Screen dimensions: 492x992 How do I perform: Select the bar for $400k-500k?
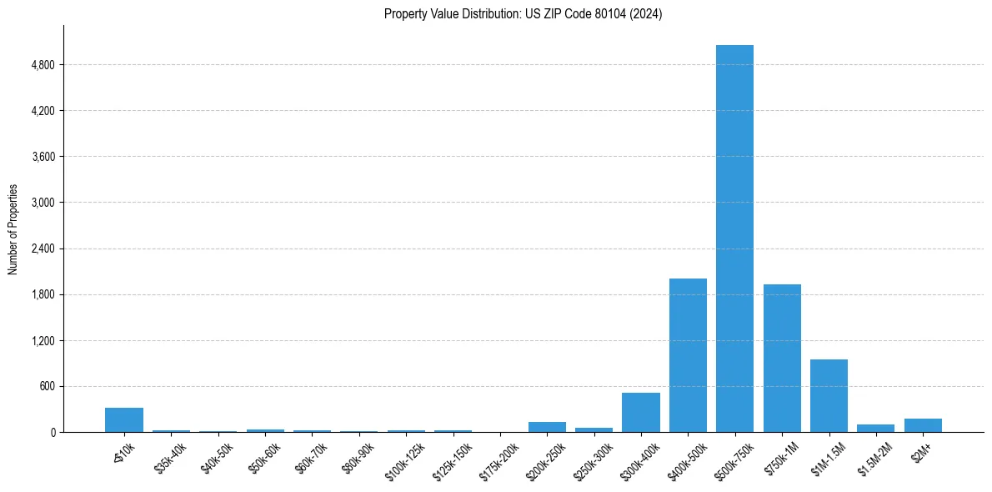(688, 355)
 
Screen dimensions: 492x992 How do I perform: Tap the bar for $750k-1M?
(782, 359)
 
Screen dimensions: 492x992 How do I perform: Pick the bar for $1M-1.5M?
(829, 396)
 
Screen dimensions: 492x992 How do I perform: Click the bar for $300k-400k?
(640, 413)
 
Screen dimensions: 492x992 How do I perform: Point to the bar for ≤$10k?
(124, 420)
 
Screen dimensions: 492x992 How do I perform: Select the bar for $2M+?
(923, 425)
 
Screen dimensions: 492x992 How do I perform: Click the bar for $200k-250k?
(547, 427)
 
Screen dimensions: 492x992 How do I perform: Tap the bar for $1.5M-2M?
(875, 429)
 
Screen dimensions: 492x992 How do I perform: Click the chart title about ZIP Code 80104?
(523, 14)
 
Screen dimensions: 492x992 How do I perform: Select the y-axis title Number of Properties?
(13, 228)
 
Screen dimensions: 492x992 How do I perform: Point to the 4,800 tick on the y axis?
(42, 65)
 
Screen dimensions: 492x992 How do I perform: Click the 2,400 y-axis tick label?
(42, 249)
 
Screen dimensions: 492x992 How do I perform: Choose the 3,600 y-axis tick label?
(42, 157)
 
